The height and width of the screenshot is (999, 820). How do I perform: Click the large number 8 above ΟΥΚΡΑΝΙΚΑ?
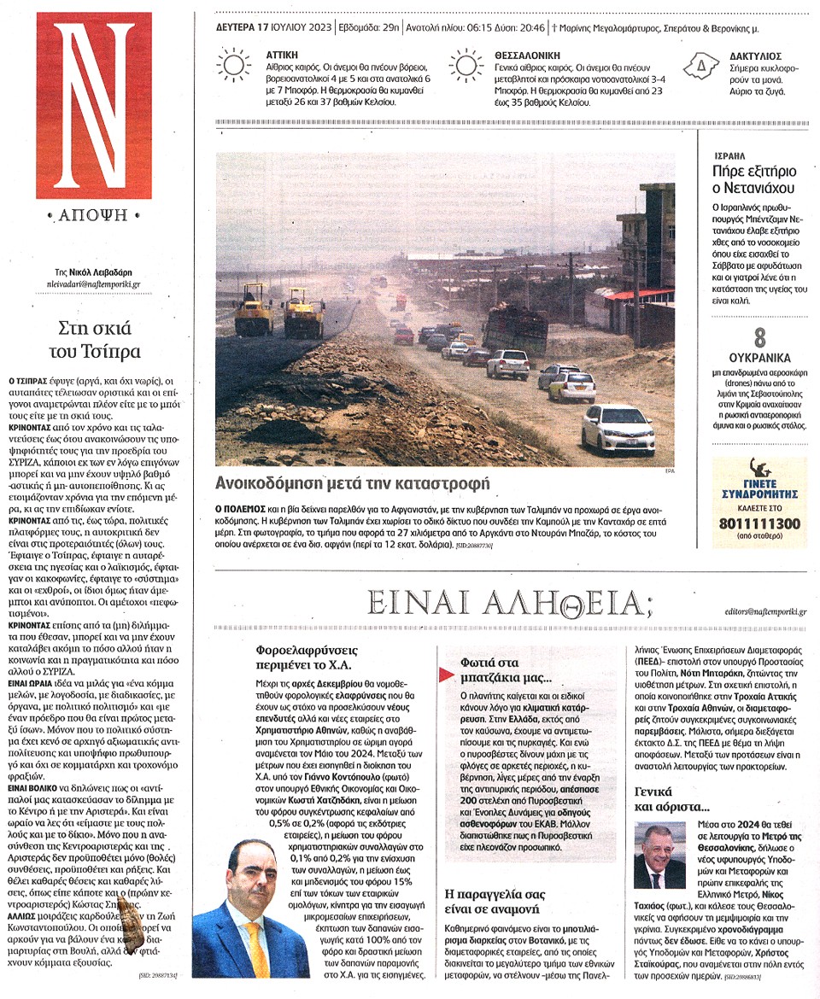click(759, 338)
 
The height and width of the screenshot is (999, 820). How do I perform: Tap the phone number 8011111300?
click(759, 523)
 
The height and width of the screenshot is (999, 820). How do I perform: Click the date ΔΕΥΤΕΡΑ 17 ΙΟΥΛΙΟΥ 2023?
click(274, 27)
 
